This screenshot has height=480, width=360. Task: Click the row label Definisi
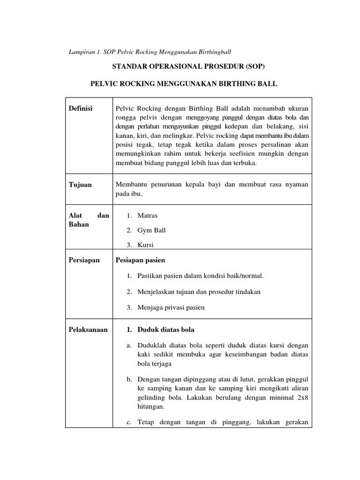pyautogui.click(x=81, y=108)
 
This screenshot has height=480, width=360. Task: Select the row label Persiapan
pyautogui.click(x=84, y=260)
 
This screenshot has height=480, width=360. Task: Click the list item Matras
pyautogui.click(x=148, y=216)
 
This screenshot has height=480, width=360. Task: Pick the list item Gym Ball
pyautogui.click(x=151, y=230)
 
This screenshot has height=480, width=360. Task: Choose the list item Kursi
pyautogui.click(x=146, y=245)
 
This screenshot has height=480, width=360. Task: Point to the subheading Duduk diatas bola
pyautogui.click(x=166, y=330)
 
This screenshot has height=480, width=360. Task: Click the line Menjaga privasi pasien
pyautogui.click(x=171, y=307)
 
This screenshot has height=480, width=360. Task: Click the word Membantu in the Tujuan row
pyautogui.click(x=131, y=185)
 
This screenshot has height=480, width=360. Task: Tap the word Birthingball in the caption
pyautogui.click(x=215, y=51)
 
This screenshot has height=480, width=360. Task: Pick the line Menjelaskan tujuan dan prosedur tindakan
pyautogui.click(x=199, y=292)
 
